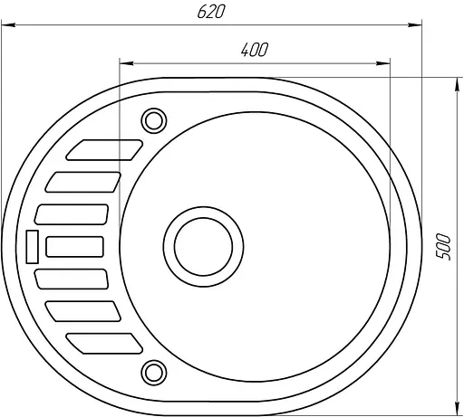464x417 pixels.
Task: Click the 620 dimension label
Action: [x=211, y=12]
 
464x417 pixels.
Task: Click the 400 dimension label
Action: [x=255, y=50]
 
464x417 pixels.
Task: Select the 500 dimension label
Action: [x=443, y=247]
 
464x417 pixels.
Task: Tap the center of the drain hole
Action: [x=203, y=247]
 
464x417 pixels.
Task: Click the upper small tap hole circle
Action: [x=154, y=120]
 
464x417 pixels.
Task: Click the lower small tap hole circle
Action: [x=154, y=373]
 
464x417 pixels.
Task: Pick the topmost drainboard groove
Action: [x=104, y=150]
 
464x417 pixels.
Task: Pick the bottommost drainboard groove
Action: [x=104, y=344]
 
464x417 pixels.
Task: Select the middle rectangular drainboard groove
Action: [x=74, y=247]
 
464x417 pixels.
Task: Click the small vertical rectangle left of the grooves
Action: [x=33, y=247]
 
